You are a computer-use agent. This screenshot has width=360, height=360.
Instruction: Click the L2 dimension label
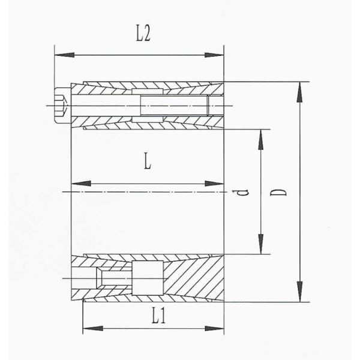(x=143, y=34)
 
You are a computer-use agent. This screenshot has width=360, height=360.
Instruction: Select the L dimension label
(x=148, y=161)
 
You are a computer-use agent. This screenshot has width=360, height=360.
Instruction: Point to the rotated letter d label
(x=243, y=193)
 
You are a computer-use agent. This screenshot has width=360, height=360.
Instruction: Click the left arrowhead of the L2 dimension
(x=65, y=55)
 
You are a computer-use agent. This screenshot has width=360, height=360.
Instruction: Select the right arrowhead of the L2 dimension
(x=214, y=55)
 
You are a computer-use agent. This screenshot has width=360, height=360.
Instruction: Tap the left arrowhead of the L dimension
(x=81, y=184)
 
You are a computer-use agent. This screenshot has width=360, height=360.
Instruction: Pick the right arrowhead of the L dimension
(x=214, y=184)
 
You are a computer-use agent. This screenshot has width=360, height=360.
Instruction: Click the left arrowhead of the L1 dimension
(x=93, y=328)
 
